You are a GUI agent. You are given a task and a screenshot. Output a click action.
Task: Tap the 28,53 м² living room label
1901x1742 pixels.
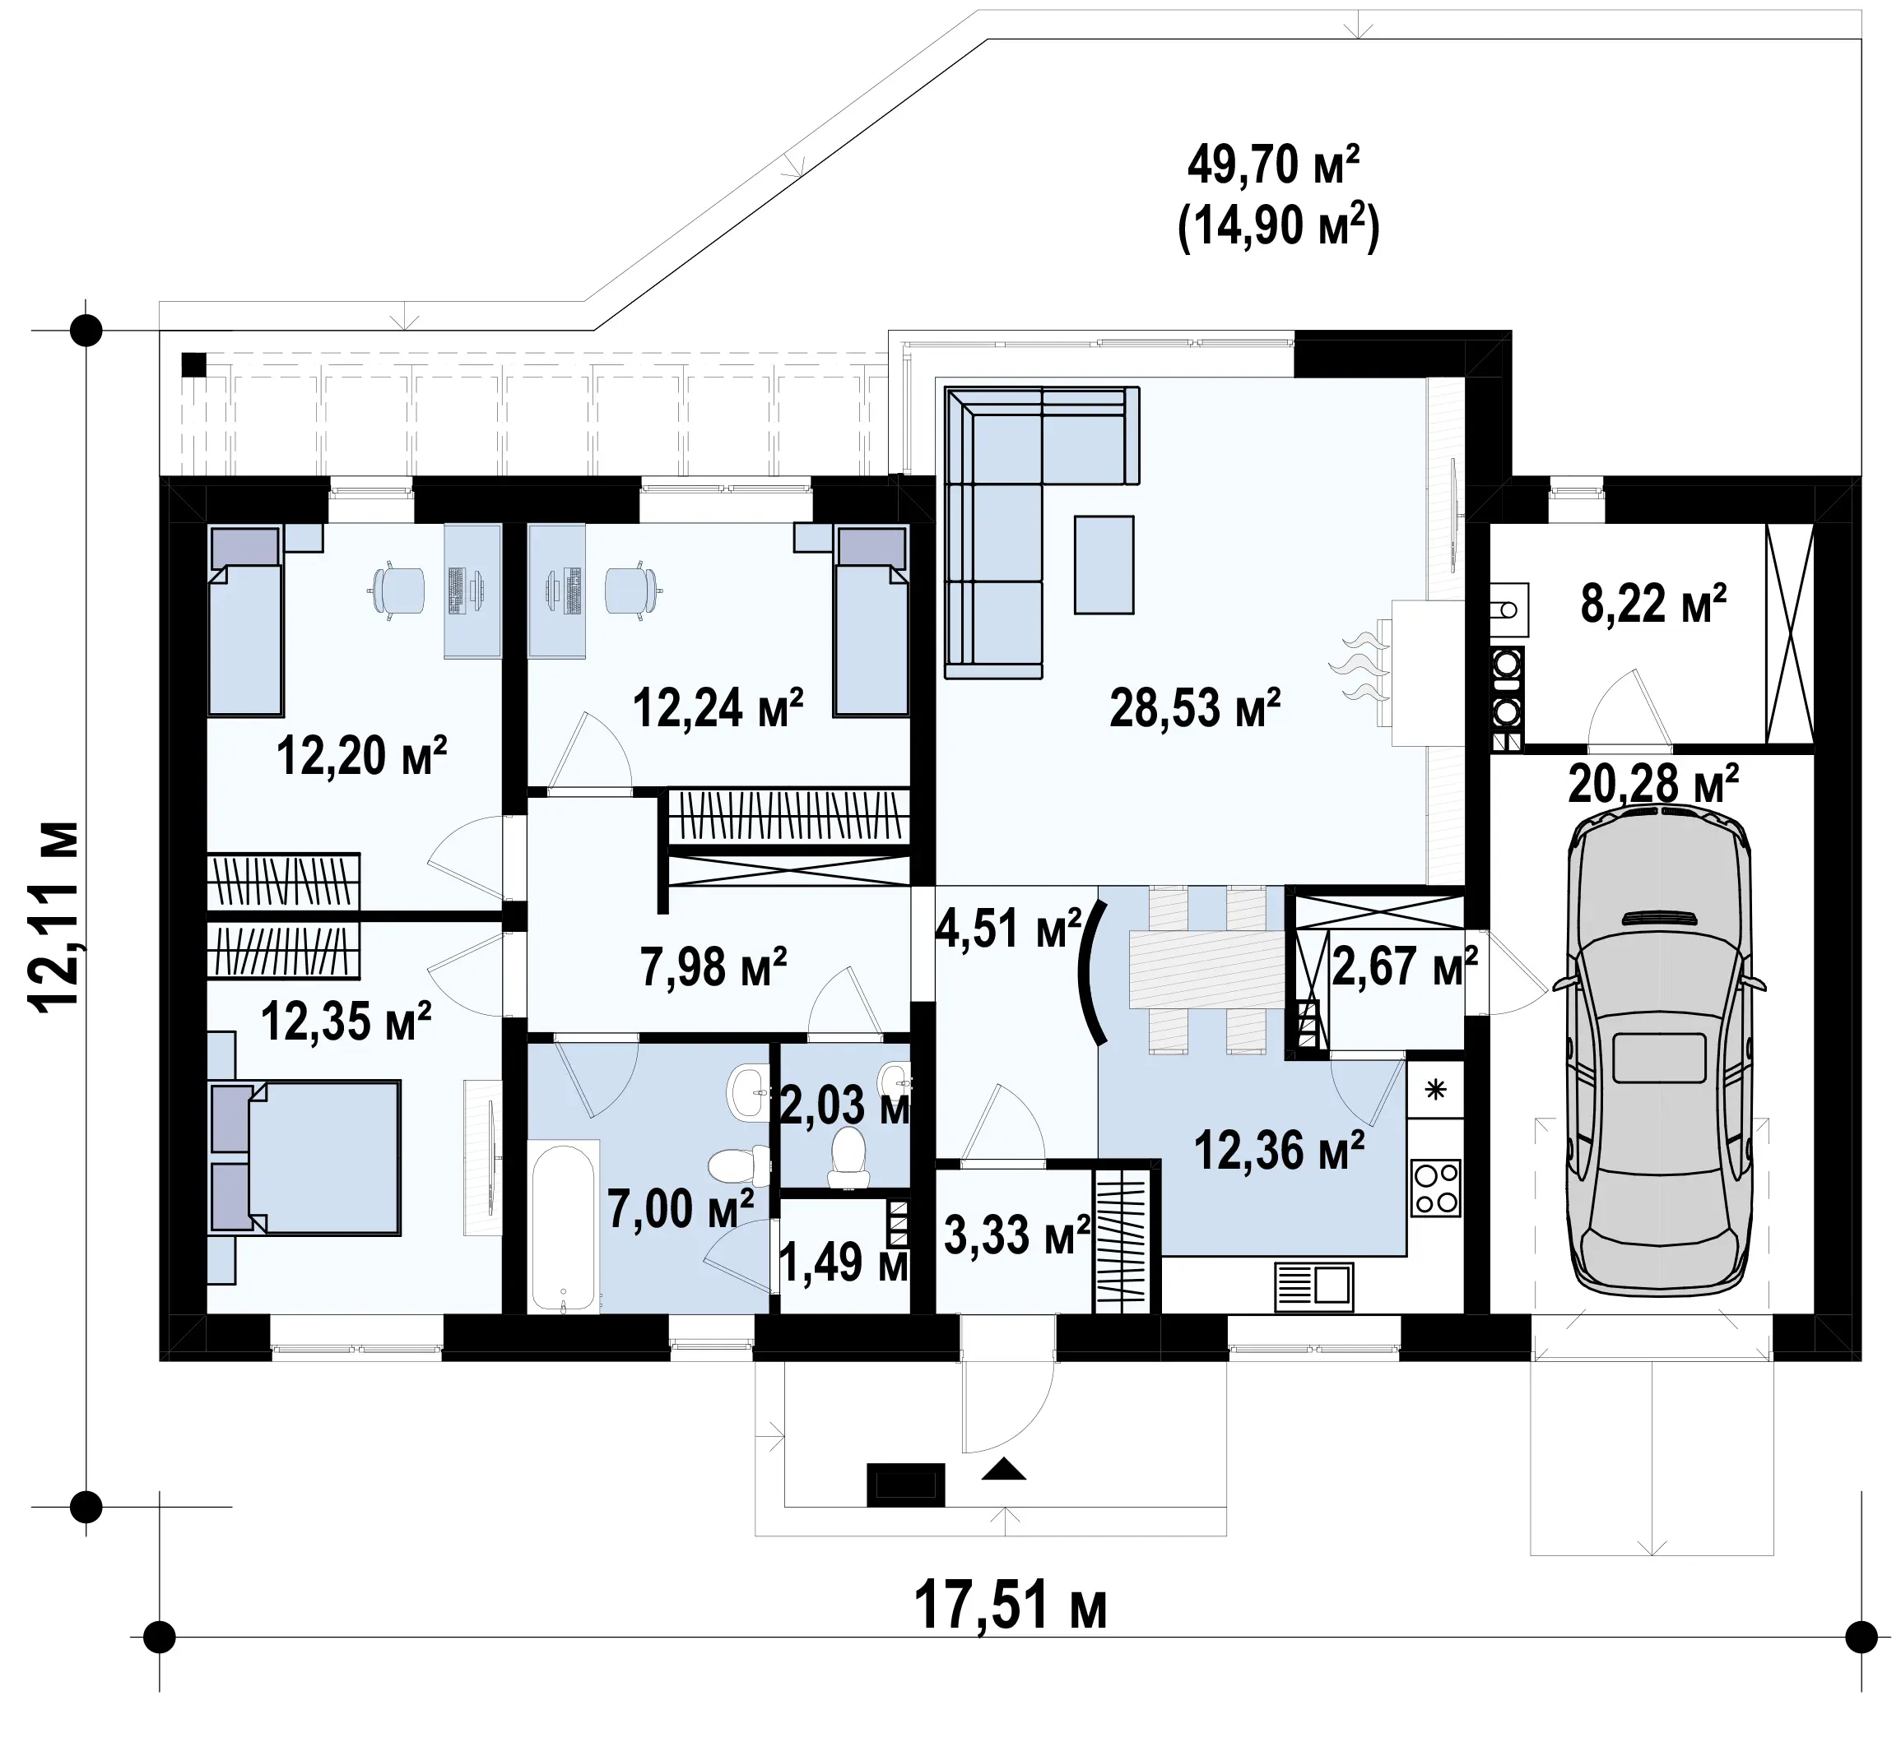click(x=1195, y=709)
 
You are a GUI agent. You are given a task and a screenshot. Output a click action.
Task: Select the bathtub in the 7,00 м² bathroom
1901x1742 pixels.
click(x=564, y=1227)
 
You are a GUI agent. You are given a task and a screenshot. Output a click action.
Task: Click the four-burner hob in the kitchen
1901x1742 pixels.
click(x=1435, y=1187)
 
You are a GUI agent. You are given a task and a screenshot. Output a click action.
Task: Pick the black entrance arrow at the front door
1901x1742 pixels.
click(x=1003, y=1467)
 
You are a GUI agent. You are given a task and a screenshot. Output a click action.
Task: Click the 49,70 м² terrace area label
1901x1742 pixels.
click(x=1273, y=167)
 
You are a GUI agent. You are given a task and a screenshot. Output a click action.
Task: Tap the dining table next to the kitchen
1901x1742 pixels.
click(x=1207, y=969)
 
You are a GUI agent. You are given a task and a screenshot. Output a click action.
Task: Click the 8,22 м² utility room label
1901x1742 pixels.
click(x=1654, y=605)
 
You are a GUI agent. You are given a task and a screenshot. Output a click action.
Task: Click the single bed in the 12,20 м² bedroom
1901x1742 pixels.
click(x=245, y=620)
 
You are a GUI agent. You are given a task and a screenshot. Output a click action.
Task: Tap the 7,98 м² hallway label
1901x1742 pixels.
click(x=713, y=967)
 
